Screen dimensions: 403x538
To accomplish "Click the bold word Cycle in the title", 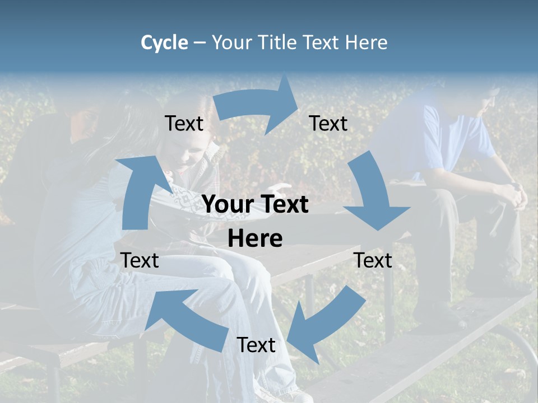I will click(164, 43).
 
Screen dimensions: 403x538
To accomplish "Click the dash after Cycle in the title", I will click(200, 43).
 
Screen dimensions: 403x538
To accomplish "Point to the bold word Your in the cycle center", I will click(225, 205).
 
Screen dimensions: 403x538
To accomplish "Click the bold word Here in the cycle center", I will click(255, 239).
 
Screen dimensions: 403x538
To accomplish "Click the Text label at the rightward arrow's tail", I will click(184, 123).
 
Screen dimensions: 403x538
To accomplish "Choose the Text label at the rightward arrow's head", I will click(328, 123).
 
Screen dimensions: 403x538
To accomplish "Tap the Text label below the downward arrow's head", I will click(373, 260).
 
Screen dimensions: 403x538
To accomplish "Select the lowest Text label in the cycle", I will click(256, 345).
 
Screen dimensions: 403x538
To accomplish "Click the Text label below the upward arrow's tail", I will click(140, 260).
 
